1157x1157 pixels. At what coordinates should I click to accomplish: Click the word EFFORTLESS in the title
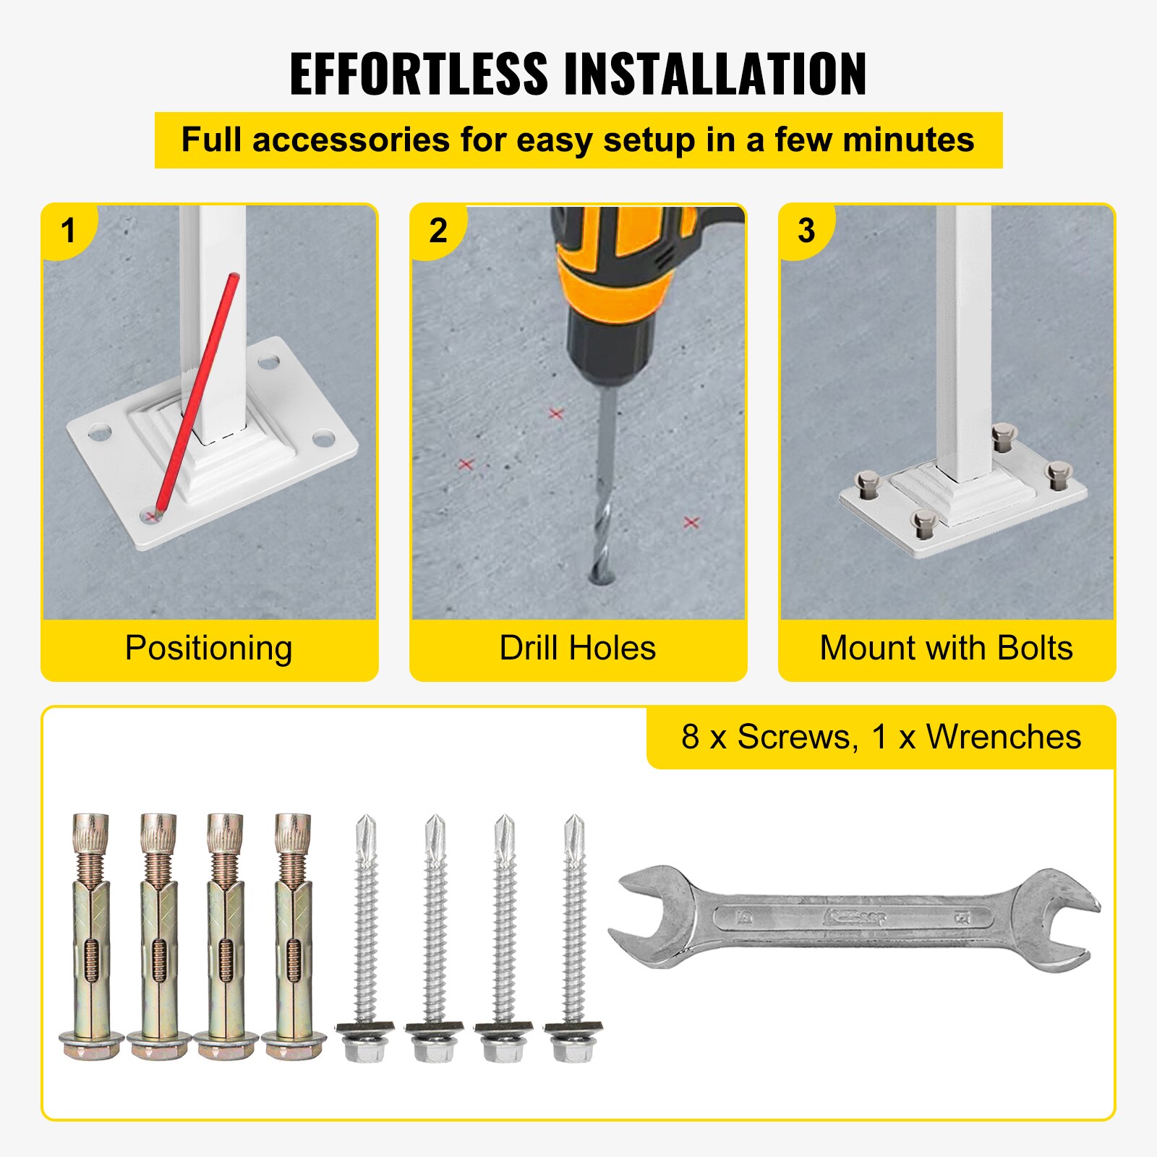click(419, 74)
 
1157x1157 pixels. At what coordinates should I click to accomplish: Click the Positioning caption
click(208, 648)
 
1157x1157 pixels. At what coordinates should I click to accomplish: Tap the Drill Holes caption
click(577, 648)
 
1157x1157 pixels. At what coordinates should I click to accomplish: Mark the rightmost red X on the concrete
click(691, 522)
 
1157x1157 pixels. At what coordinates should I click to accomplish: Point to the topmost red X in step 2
click(555, 414)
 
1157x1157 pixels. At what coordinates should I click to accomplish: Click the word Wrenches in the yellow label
click(1003, 738)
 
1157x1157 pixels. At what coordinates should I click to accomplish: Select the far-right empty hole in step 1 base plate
click(324, 437)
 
